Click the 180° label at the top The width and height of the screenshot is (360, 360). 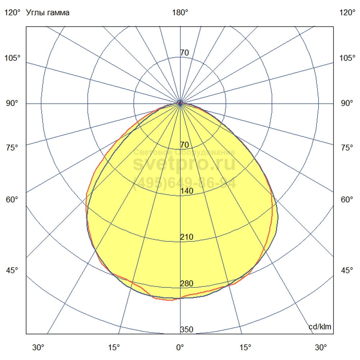pos(180,13)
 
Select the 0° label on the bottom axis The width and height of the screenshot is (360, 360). pos(180,347)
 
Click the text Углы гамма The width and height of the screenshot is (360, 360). pos(48,13)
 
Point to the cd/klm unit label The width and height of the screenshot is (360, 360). pos(320,327)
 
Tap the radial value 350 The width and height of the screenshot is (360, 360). pos(186,330)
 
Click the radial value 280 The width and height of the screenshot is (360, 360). pos(186,284)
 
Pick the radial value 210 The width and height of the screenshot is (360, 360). pos(186,237)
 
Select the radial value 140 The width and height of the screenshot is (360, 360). pos(186,191)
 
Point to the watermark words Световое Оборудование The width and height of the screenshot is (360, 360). pos(184,152)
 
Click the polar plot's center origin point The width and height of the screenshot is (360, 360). pos(180,103)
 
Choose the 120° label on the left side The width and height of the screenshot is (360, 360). pos(13,13)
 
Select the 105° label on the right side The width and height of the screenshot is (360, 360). pos(347,58)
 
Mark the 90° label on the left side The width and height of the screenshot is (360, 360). pos(12,103)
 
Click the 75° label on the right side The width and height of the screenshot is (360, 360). pos(347,148)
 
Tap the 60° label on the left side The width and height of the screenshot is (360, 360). pos(12,199)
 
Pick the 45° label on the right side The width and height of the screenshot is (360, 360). pos(347,271)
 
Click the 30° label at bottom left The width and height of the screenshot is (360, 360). pos(39,347)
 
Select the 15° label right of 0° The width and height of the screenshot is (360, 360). pos(246,347)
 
